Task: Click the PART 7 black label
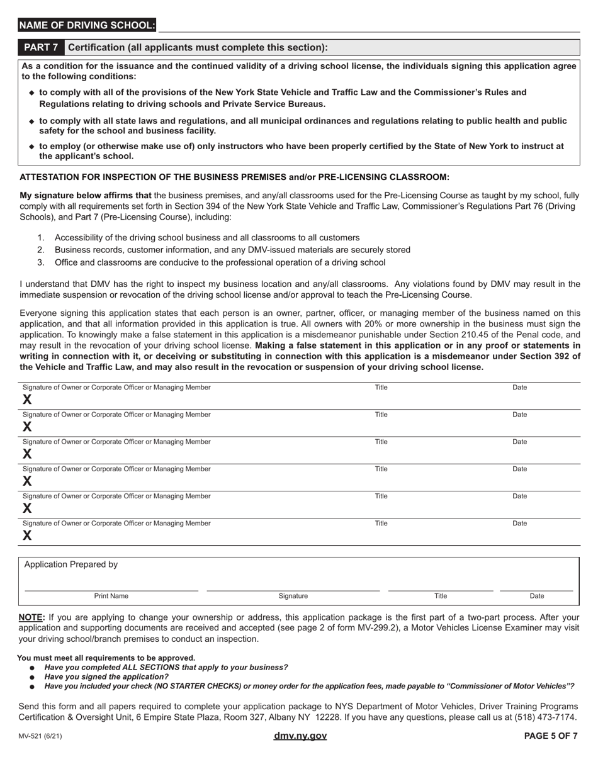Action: coord(41,48)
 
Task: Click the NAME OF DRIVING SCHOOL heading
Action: coord(87,25)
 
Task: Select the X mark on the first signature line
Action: coord(27,400)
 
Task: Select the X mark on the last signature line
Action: coord(27,536)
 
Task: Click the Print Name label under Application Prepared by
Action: coord(111,596)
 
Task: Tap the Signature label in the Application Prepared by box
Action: coord(293,596)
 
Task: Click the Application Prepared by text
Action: coord(71,564)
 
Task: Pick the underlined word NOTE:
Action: coord(32,617)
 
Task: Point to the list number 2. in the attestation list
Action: coord(41,250)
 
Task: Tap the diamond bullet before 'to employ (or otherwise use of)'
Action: coord(31,147)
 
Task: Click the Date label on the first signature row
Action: coord(520,388)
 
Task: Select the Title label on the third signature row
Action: coord(381,442)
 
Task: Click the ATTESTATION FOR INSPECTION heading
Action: coord(235,177)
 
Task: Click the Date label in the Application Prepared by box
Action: coord(537,596)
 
